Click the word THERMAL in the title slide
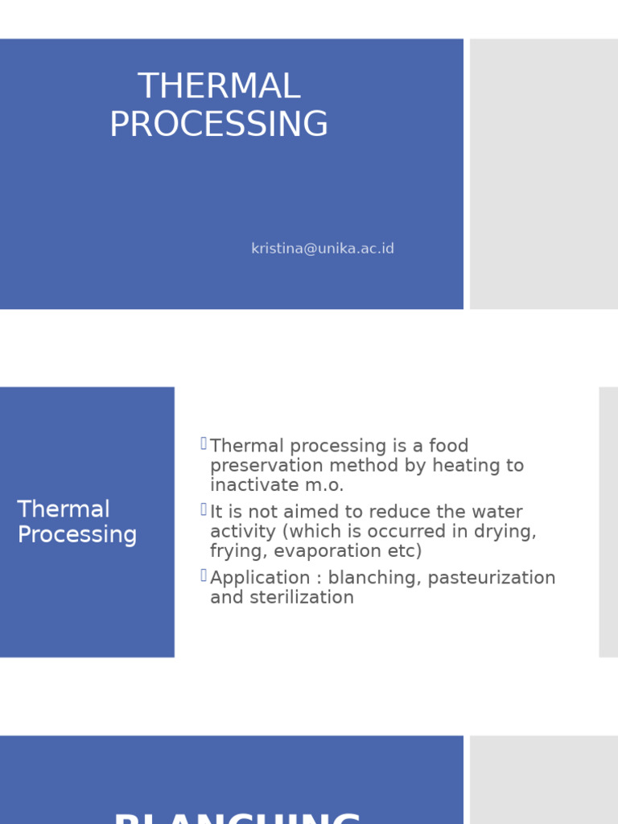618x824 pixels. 219,87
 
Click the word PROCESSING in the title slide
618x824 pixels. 219,125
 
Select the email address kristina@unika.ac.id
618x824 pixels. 323,249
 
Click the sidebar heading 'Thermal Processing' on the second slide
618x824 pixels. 77,522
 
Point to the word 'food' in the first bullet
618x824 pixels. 448,446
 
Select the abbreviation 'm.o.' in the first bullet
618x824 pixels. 326,485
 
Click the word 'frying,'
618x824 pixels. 239,551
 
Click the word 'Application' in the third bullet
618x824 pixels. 260,578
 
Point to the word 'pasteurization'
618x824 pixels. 492,578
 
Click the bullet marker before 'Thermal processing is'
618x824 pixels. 204,443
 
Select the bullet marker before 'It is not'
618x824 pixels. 204,510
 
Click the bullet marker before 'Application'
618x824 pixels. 204,575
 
